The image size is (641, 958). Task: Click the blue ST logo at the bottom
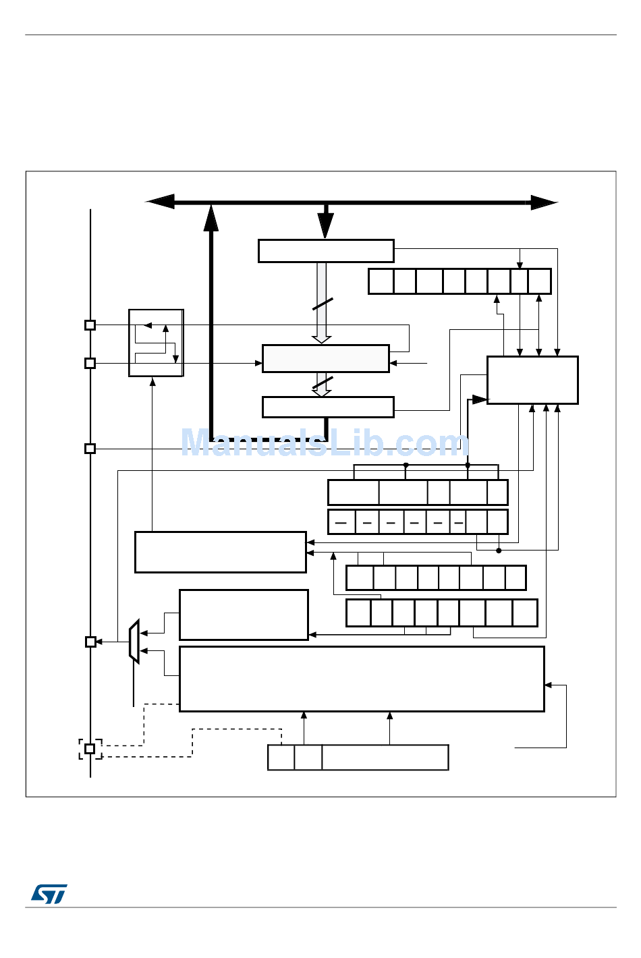click(49, 894)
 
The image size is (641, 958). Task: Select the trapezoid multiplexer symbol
click(134, 642)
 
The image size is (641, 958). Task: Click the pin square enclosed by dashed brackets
click(90, 749)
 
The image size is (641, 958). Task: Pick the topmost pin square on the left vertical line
click(90, 325)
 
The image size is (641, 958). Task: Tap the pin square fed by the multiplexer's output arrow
click(90, 642)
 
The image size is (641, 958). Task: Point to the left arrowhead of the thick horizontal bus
click(160, 202)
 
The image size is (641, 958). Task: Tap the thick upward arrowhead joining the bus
click(211, 218)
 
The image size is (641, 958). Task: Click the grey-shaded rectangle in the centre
click(325, 358)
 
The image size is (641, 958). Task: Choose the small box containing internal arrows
click(156, 343)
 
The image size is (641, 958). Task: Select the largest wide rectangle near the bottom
click(362, 679)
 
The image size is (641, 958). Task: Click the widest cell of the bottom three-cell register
click(385, 758)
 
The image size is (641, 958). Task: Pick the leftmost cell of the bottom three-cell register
click(281, 758)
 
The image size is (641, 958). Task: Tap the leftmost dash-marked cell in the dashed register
click(341, 522)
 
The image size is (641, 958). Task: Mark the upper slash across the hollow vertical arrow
click(323, 304)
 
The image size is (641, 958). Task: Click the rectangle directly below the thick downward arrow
click(326, 251)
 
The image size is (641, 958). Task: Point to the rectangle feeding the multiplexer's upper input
click(244, 615)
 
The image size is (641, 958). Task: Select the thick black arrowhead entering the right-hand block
click(480, 399)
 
